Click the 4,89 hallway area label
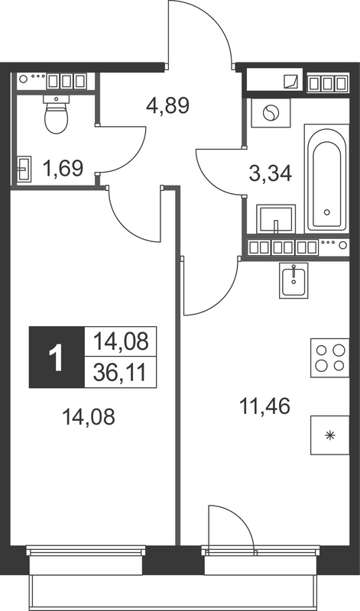[167, 104]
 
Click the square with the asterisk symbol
[330, 436]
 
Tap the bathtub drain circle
[326, 212]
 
